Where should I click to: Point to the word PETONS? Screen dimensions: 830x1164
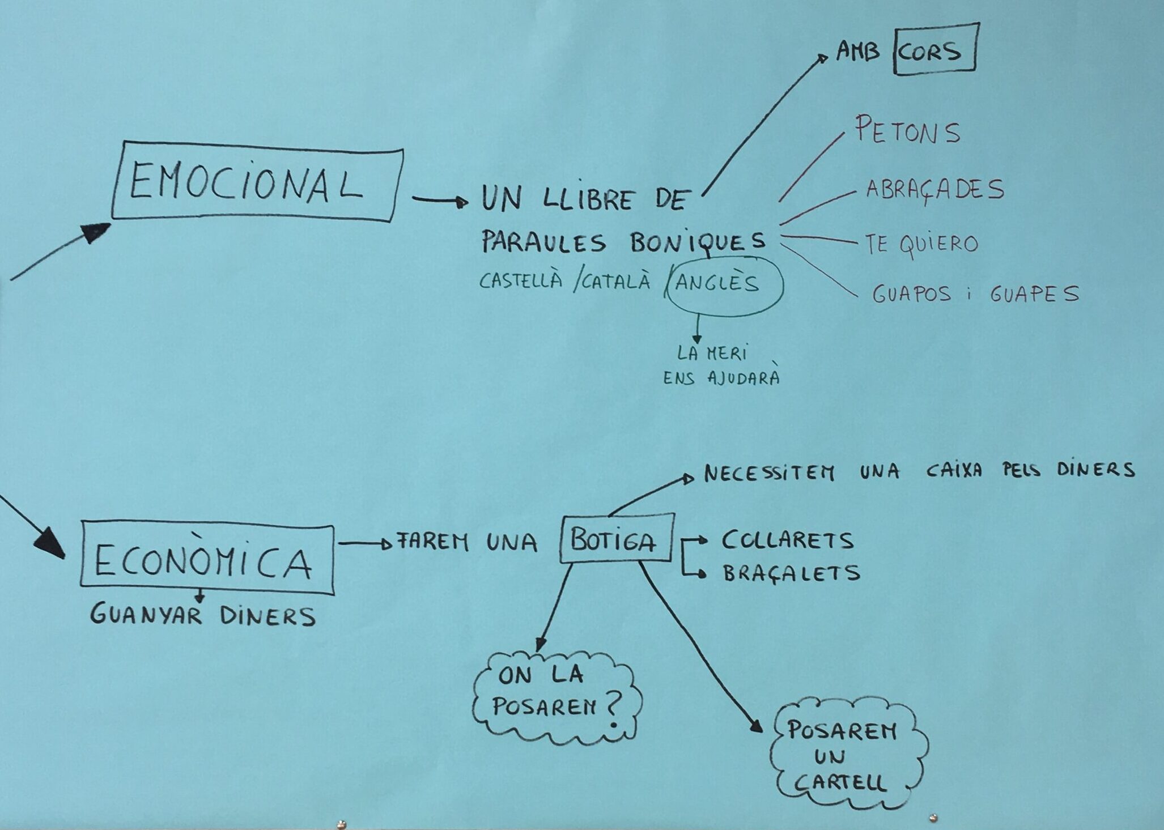(x=907, y=131)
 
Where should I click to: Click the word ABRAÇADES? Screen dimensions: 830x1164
(x=934, y=190)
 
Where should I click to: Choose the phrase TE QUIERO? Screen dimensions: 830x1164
(x=921, y=244)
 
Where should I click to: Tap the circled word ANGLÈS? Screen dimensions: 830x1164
(x=717, y=282)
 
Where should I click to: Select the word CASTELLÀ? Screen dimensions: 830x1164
(x=520, y=280)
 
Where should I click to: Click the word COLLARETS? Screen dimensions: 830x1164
(x=787, y=540)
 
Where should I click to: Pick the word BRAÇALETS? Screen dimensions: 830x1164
(x=791, y=573)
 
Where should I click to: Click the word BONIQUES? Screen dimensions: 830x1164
(x=697, y=242)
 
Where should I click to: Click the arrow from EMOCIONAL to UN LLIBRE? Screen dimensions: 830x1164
(x=439, y=200)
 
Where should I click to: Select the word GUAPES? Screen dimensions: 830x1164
(x=1034, y=294)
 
